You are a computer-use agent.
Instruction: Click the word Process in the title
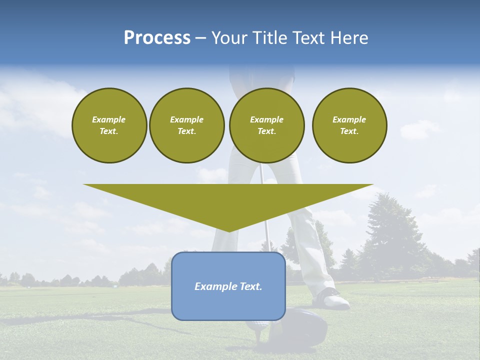tap(157, 38)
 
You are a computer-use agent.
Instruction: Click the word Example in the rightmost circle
tap(349, 119)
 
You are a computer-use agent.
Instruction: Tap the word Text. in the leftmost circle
tap(109, 131)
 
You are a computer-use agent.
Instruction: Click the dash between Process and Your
tap(201, 38)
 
